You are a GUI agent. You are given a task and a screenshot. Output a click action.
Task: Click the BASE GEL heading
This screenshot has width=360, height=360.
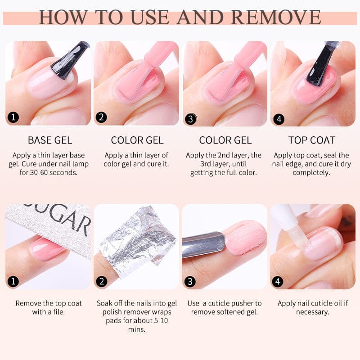49,140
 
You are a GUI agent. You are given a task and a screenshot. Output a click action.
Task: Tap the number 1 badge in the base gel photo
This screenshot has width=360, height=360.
13,118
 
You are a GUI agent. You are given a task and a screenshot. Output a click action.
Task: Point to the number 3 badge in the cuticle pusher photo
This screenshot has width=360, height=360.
191,282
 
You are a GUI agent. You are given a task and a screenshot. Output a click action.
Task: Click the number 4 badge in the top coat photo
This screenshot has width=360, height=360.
279,120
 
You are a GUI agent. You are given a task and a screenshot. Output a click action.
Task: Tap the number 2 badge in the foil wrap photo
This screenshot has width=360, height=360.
102,282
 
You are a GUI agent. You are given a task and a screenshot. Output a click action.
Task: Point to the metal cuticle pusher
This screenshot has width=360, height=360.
202,244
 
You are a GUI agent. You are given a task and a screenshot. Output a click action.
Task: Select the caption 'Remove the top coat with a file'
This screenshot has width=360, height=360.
49,307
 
